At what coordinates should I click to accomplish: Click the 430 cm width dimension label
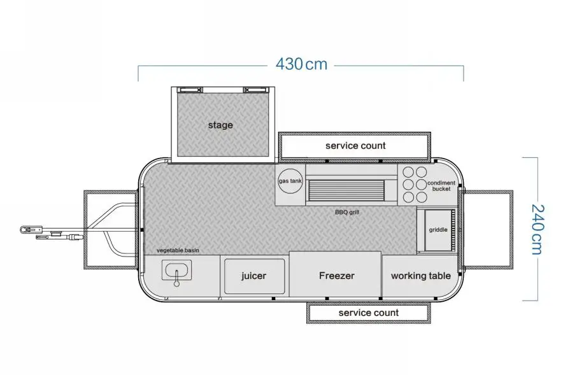[x=301, y=64]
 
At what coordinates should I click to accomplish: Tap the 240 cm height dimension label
[x=538, y=230]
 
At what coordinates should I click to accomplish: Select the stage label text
[x=220, y=125]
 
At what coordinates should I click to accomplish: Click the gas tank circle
[x=290, y=181]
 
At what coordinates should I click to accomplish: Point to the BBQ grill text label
[x=347, y=212]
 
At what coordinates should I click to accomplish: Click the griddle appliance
[x=438, y=230]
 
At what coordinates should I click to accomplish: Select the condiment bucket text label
[x=441, y=186]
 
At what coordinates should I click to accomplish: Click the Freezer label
[x=336, y=276]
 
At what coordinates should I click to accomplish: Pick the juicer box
[x=254, y=276]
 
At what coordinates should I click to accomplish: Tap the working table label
[x=421, y=276]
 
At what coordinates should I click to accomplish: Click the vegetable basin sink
[x=176, y=270]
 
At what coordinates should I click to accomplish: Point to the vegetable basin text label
[x=178, y=250]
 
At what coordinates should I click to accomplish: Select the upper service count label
[x=355, y=146]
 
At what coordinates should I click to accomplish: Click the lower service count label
[x=368, y=313]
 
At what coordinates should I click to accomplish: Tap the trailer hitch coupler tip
[x=23, y=229]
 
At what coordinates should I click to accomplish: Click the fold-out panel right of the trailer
[x=488, y=230]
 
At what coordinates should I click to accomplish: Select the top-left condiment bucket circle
[x=408, y=172]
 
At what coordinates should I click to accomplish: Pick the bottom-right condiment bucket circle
[x=421, y=197]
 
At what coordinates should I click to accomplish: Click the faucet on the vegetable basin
[x=176, y=278]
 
